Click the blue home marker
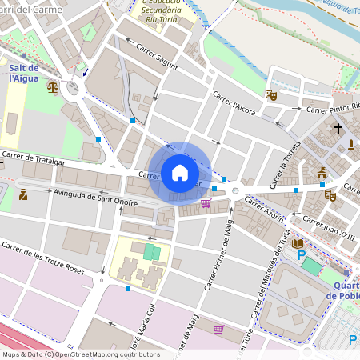pos(180,173)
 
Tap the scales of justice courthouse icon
pos(53,86)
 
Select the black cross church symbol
pos(338,128)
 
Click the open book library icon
pos(298,242)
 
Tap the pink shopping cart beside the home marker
pos(206,203)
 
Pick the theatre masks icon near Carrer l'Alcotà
pos(271,95)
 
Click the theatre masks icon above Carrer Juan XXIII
pos(330,194)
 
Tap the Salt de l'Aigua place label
pos(26,74)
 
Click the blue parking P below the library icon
pos(302,255)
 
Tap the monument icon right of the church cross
pos(351,145)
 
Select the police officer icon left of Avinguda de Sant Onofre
pos(22,194)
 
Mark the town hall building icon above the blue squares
pos(322,173)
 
